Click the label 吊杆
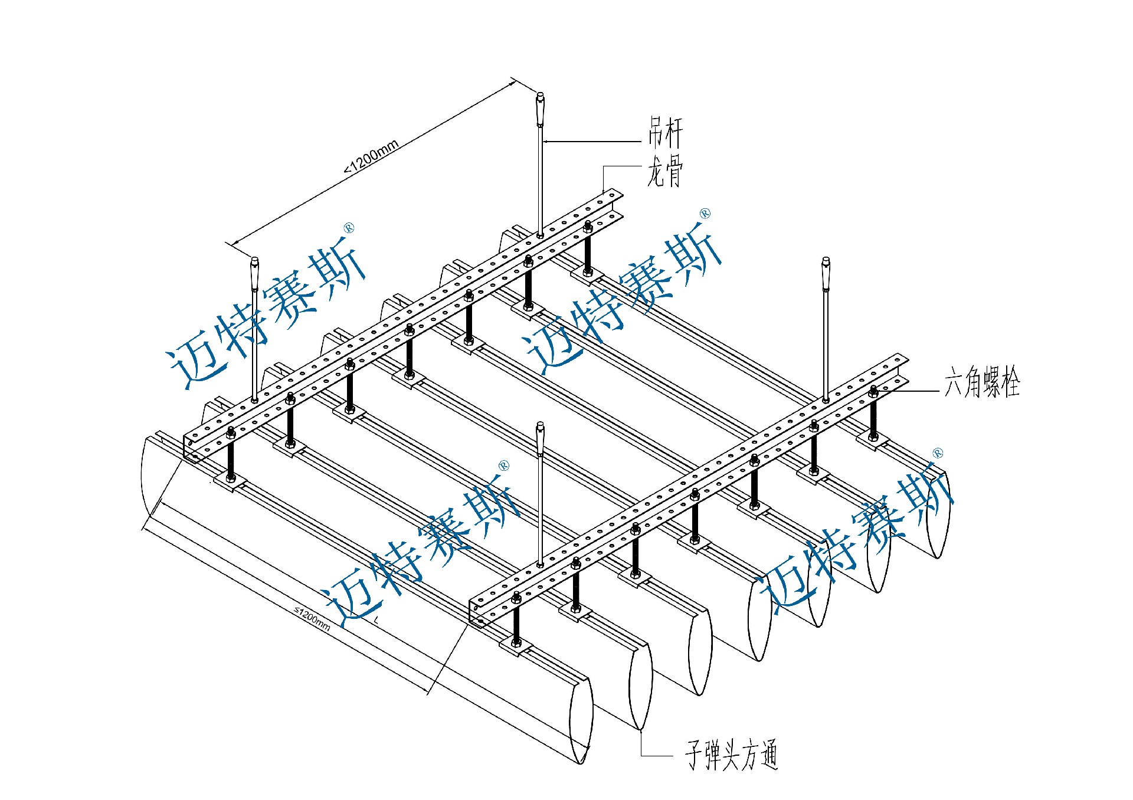point(665,133)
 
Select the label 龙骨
point(665,173)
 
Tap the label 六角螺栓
point(982,383)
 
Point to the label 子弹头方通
point(732,755)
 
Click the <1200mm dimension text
point(372,156)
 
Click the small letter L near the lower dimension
point(376,620)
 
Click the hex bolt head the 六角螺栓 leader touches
point(874,390)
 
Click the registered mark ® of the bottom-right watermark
point(938,453)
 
